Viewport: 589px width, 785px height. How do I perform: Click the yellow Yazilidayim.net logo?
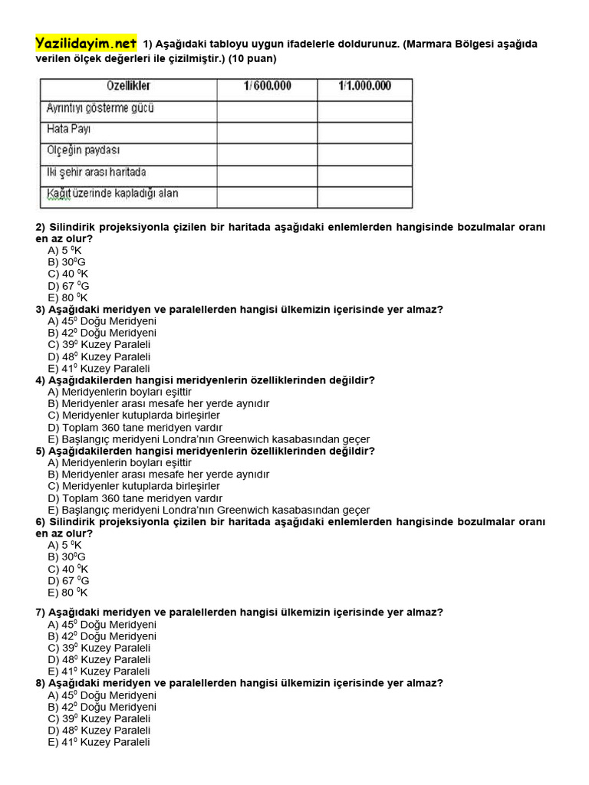pyautogui.click(x=86, y=44)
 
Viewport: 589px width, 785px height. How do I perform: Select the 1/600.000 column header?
pyautogui.click(x=267, y=86)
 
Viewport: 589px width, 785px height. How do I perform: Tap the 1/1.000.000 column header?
pyautogui.click(x=364, y=86)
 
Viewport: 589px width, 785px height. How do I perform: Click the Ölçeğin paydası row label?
pyautogui.click(x=83, y=150)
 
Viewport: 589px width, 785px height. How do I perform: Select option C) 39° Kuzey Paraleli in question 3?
pyautogui.click(x=99, y=345)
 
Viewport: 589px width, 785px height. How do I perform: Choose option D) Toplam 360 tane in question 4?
pyautogui.click(x=135, y=427)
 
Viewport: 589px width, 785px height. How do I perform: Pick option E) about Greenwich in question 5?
pyautogui.click(x=209, y=510)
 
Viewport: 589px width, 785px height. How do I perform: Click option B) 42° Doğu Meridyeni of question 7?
pyautogui.click(x=102, y=636)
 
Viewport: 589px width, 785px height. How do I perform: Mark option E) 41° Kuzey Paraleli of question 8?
pyautogui.click(x=99, y=742)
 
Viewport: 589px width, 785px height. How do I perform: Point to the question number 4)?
pyautogui.click(x=41, y=380)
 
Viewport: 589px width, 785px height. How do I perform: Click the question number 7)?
pyautogui.click(x=41, y=613)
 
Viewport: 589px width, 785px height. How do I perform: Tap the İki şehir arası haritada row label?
pyautogui.click(x=96, y=172)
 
